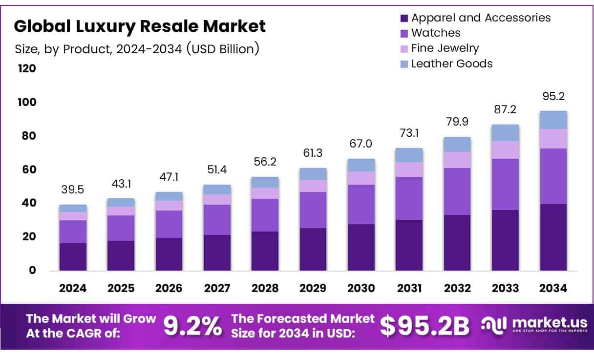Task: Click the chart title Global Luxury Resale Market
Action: pos(140,26)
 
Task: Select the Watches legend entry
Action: pos(436,33)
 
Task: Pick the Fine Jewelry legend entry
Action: pos(445,48)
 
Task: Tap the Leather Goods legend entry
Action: pos(451,64)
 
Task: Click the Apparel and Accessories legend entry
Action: pos(481,18)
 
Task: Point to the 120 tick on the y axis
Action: pos(27,68)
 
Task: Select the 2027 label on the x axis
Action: pos(217,288)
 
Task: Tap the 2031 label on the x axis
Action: pos(409,288)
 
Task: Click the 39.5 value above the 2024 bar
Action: pos(73,190)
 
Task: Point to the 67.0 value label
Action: pos(361,144)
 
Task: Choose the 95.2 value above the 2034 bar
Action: pos(553,96)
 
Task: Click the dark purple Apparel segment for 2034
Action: pos(553,237)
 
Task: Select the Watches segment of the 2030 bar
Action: pos(361,204)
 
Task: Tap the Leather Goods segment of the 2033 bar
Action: pos(505,133)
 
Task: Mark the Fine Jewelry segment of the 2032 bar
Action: pos(457,160)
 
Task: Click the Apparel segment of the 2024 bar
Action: pos(73,257)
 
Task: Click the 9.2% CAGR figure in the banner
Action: pos(192,326)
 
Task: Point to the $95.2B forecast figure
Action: pos(424,326)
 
